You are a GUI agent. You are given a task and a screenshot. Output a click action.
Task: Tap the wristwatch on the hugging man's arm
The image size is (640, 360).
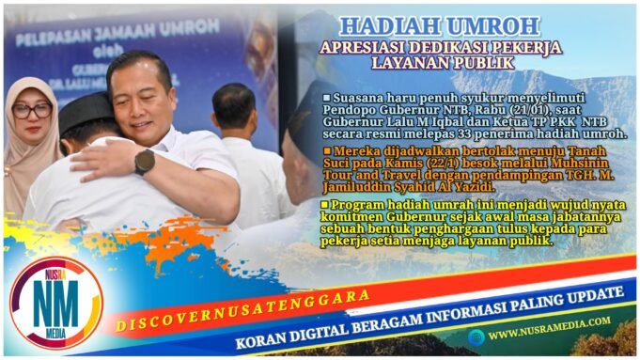145,161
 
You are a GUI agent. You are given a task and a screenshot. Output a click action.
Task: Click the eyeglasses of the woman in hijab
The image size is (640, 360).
31,110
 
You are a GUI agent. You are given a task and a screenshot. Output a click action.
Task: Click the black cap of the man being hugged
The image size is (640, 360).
85,110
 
